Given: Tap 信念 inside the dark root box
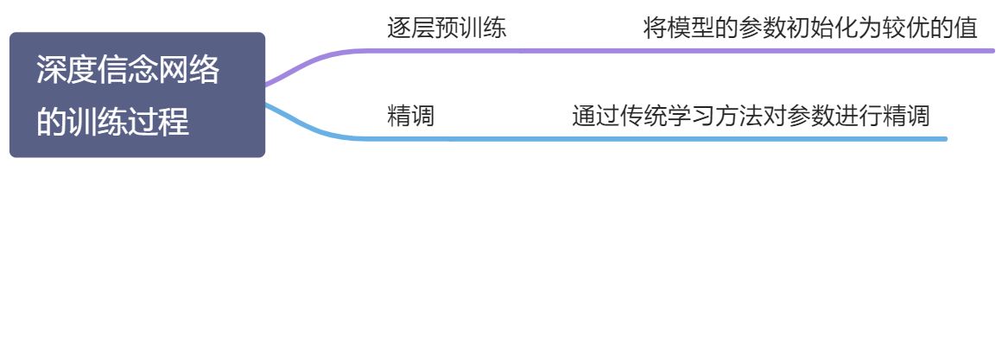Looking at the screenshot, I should [128, 71].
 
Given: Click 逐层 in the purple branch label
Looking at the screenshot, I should [411, 28].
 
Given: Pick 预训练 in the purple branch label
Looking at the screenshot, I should [471, 28].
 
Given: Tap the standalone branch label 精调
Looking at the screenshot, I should [411, 116].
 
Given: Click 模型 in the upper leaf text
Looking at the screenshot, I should [691, 28].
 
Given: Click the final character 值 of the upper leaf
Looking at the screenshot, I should [966, 28].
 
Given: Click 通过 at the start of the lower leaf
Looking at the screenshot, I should [595, 116].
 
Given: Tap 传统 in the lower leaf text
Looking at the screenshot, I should [644, 116].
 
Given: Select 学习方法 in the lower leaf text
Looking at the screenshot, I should [715, 116].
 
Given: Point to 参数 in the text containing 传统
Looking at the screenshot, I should [810, 116].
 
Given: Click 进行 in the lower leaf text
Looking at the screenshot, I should [859, 116].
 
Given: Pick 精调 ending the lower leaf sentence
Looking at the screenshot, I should [906, 116].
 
